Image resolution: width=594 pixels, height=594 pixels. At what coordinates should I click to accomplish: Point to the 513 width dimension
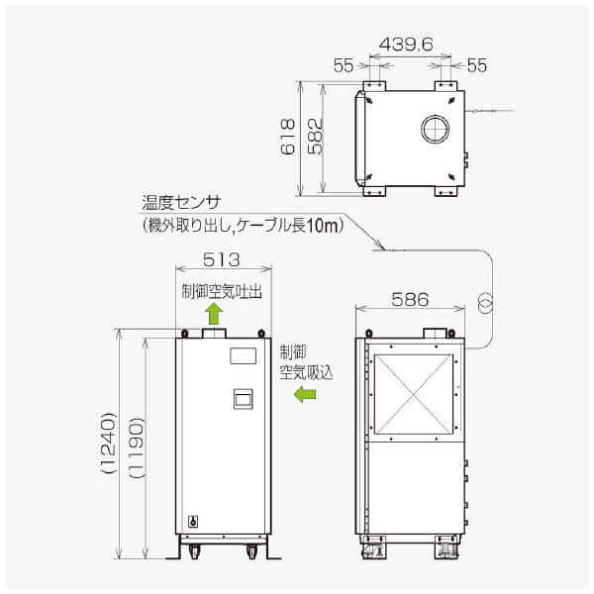pos(223,259)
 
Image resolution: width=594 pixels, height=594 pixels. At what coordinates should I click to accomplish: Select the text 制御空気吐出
pos(223,291)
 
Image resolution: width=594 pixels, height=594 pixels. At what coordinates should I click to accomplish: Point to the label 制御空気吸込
pos(306,362)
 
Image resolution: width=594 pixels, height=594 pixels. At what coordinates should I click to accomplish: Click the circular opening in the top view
pos(433,130)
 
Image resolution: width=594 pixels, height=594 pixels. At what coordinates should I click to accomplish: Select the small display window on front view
pos(243,399)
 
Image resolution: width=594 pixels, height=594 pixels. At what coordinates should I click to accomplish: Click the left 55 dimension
pos(344,65)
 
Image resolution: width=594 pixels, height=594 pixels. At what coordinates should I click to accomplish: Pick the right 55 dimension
pos(476,65)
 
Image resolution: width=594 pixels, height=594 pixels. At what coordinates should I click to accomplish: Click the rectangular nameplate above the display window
pos(243,354)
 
